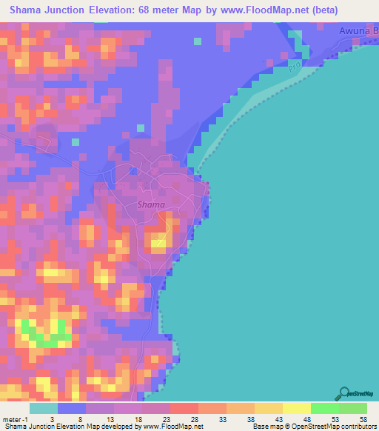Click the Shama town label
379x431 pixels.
[151, 204]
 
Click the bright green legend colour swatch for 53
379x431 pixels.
[326, 408]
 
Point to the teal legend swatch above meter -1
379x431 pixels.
[44, 408]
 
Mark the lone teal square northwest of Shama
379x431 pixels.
[75, 141]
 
